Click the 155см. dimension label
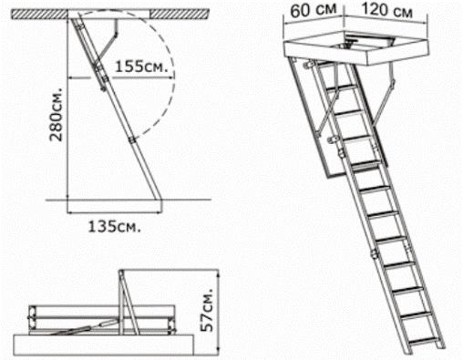[141, 67]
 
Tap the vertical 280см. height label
[57, 115]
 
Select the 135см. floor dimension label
[114, 226]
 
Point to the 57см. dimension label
[209, 309]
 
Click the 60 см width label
[313, 10]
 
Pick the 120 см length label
[386, 10]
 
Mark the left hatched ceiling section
[39, 14]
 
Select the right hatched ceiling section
[180, 14]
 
